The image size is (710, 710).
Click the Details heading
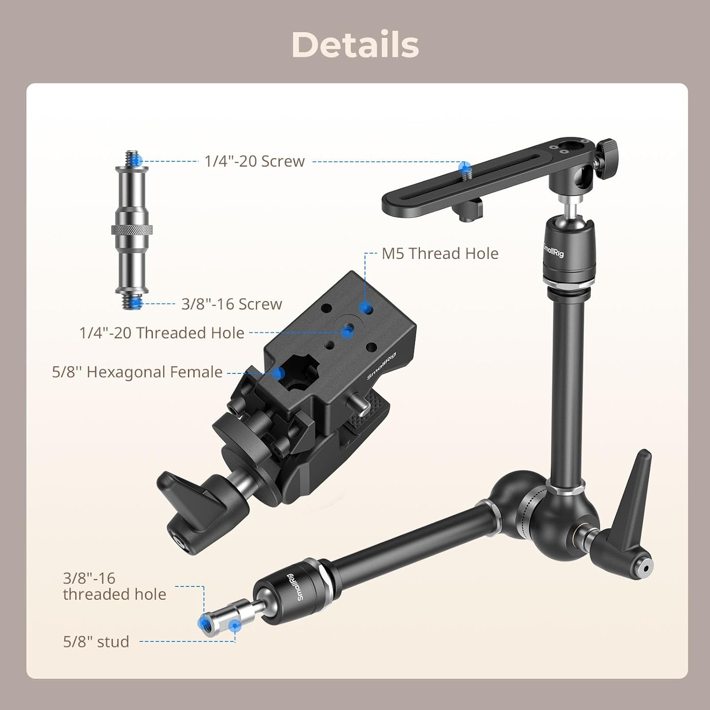[x=355, y=45]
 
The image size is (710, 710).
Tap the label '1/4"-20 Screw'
[x=255, y=161]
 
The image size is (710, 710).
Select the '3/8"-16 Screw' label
[x=231, y=304]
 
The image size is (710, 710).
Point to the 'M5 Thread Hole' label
[x=440, y=254]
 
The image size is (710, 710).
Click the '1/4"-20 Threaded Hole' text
[x=162, y=333]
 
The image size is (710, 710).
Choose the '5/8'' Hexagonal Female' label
[x=137, y=372]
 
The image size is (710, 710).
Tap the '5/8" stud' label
[x=96, y=642]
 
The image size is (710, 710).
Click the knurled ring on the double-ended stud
[x=132, y=230]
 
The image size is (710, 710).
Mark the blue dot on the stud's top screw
[x=137, y=161]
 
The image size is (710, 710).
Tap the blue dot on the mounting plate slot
[x=465, y=167]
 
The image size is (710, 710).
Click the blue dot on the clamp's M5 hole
[x=364, y=309]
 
